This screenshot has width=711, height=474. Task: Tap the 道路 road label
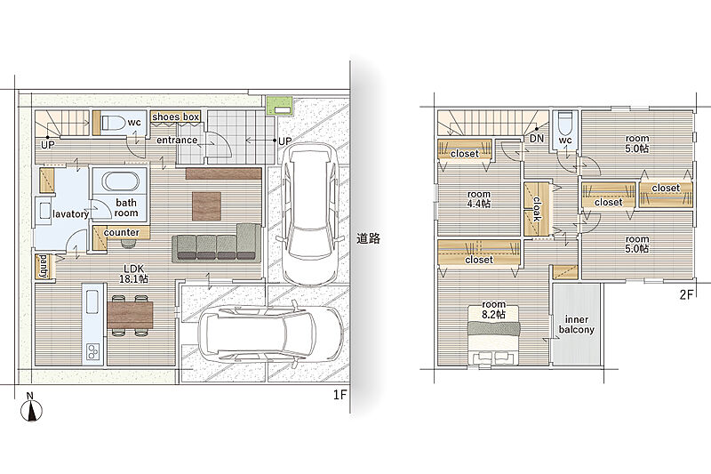pyautogui.click(x=368, y=238)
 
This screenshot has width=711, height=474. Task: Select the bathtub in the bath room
pyautogui.click(x=120, y=182)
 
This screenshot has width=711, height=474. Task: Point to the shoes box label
pyautogui.click(x=176, y=117)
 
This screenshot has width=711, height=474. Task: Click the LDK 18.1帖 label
pyautogui.click(x=133, y=274)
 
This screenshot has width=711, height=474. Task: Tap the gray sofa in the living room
pyautogui.click(x=216, y=243)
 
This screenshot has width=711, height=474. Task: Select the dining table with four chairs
pyautogui.click(x=130, y=315)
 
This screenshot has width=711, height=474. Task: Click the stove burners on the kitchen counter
pyautogui.click(x=93, y=352)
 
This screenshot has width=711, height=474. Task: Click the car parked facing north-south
pyautogui.click(x=309, y=213)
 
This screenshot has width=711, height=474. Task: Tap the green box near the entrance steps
pyautogui.click(x=279, y=106)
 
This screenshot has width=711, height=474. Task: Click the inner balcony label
pyautogui.click(x=576, y=325)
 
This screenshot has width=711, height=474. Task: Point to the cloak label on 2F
pyautogui.click(x=537, y=209)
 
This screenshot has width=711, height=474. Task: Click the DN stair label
pyautogui.click(x=537, y=139)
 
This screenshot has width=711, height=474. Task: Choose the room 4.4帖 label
pyautogui.click(x=479, y=199)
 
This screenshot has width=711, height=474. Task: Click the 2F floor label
pyautogui.click(x=687, y=295)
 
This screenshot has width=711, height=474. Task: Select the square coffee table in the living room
pyautogui.click(x=207, y=206)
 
